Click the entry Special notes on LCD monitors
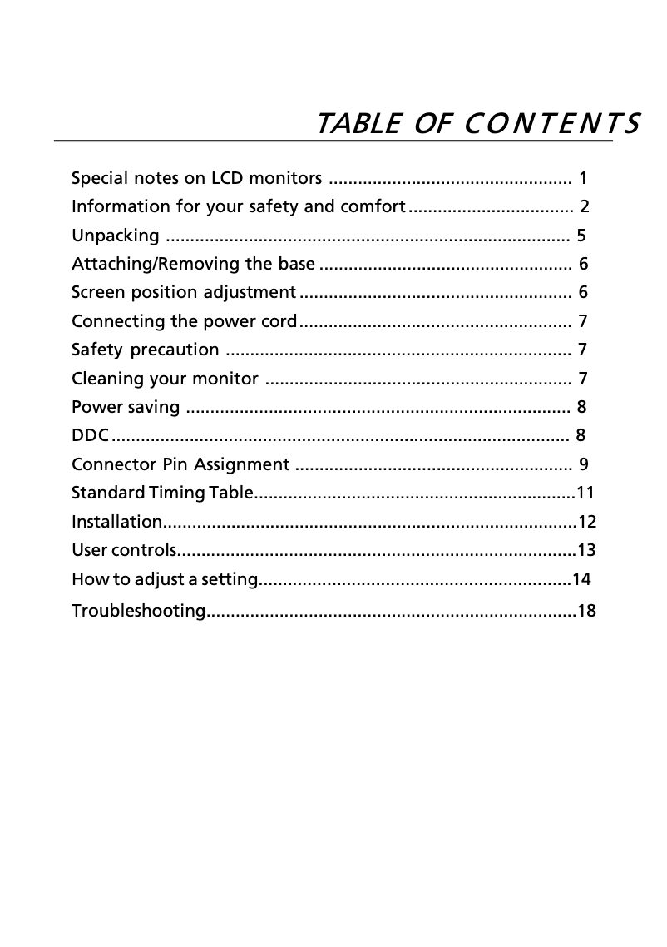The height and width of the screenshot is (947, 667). point(197,178)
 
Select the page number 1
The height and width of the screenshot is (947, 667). point(583,178)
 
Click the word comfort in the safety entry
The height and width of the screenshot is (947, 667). point(373,206)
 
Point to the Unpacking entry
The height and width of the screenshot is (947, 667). point(116,236)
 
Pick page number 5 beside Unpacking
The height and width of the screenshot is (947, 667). point(581,236)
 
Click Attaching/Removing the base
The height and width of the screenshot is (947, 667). point(193,265)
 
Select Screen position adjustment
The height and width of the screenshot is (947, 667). point(184,293)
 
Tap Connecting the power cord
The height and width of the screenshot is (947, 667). point(184,321)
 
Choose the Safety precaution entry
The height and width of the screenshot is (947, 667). point(146,350)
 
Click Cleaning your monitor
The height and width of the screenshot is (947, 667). point(165,379)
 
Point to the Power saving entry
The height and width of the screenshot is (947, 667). point(126,407)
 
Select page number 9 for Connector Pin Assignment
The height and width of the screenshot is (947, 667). point(584,464)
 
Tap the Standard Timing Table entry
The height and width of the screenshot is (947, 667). point(161,493)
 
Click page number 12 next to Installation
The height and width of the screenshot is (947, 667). point(587,523)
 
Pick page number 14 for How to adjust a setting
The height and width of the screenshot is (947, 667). point(581,578)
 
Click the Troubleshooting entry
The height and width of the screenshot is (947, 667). point(138,612)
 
